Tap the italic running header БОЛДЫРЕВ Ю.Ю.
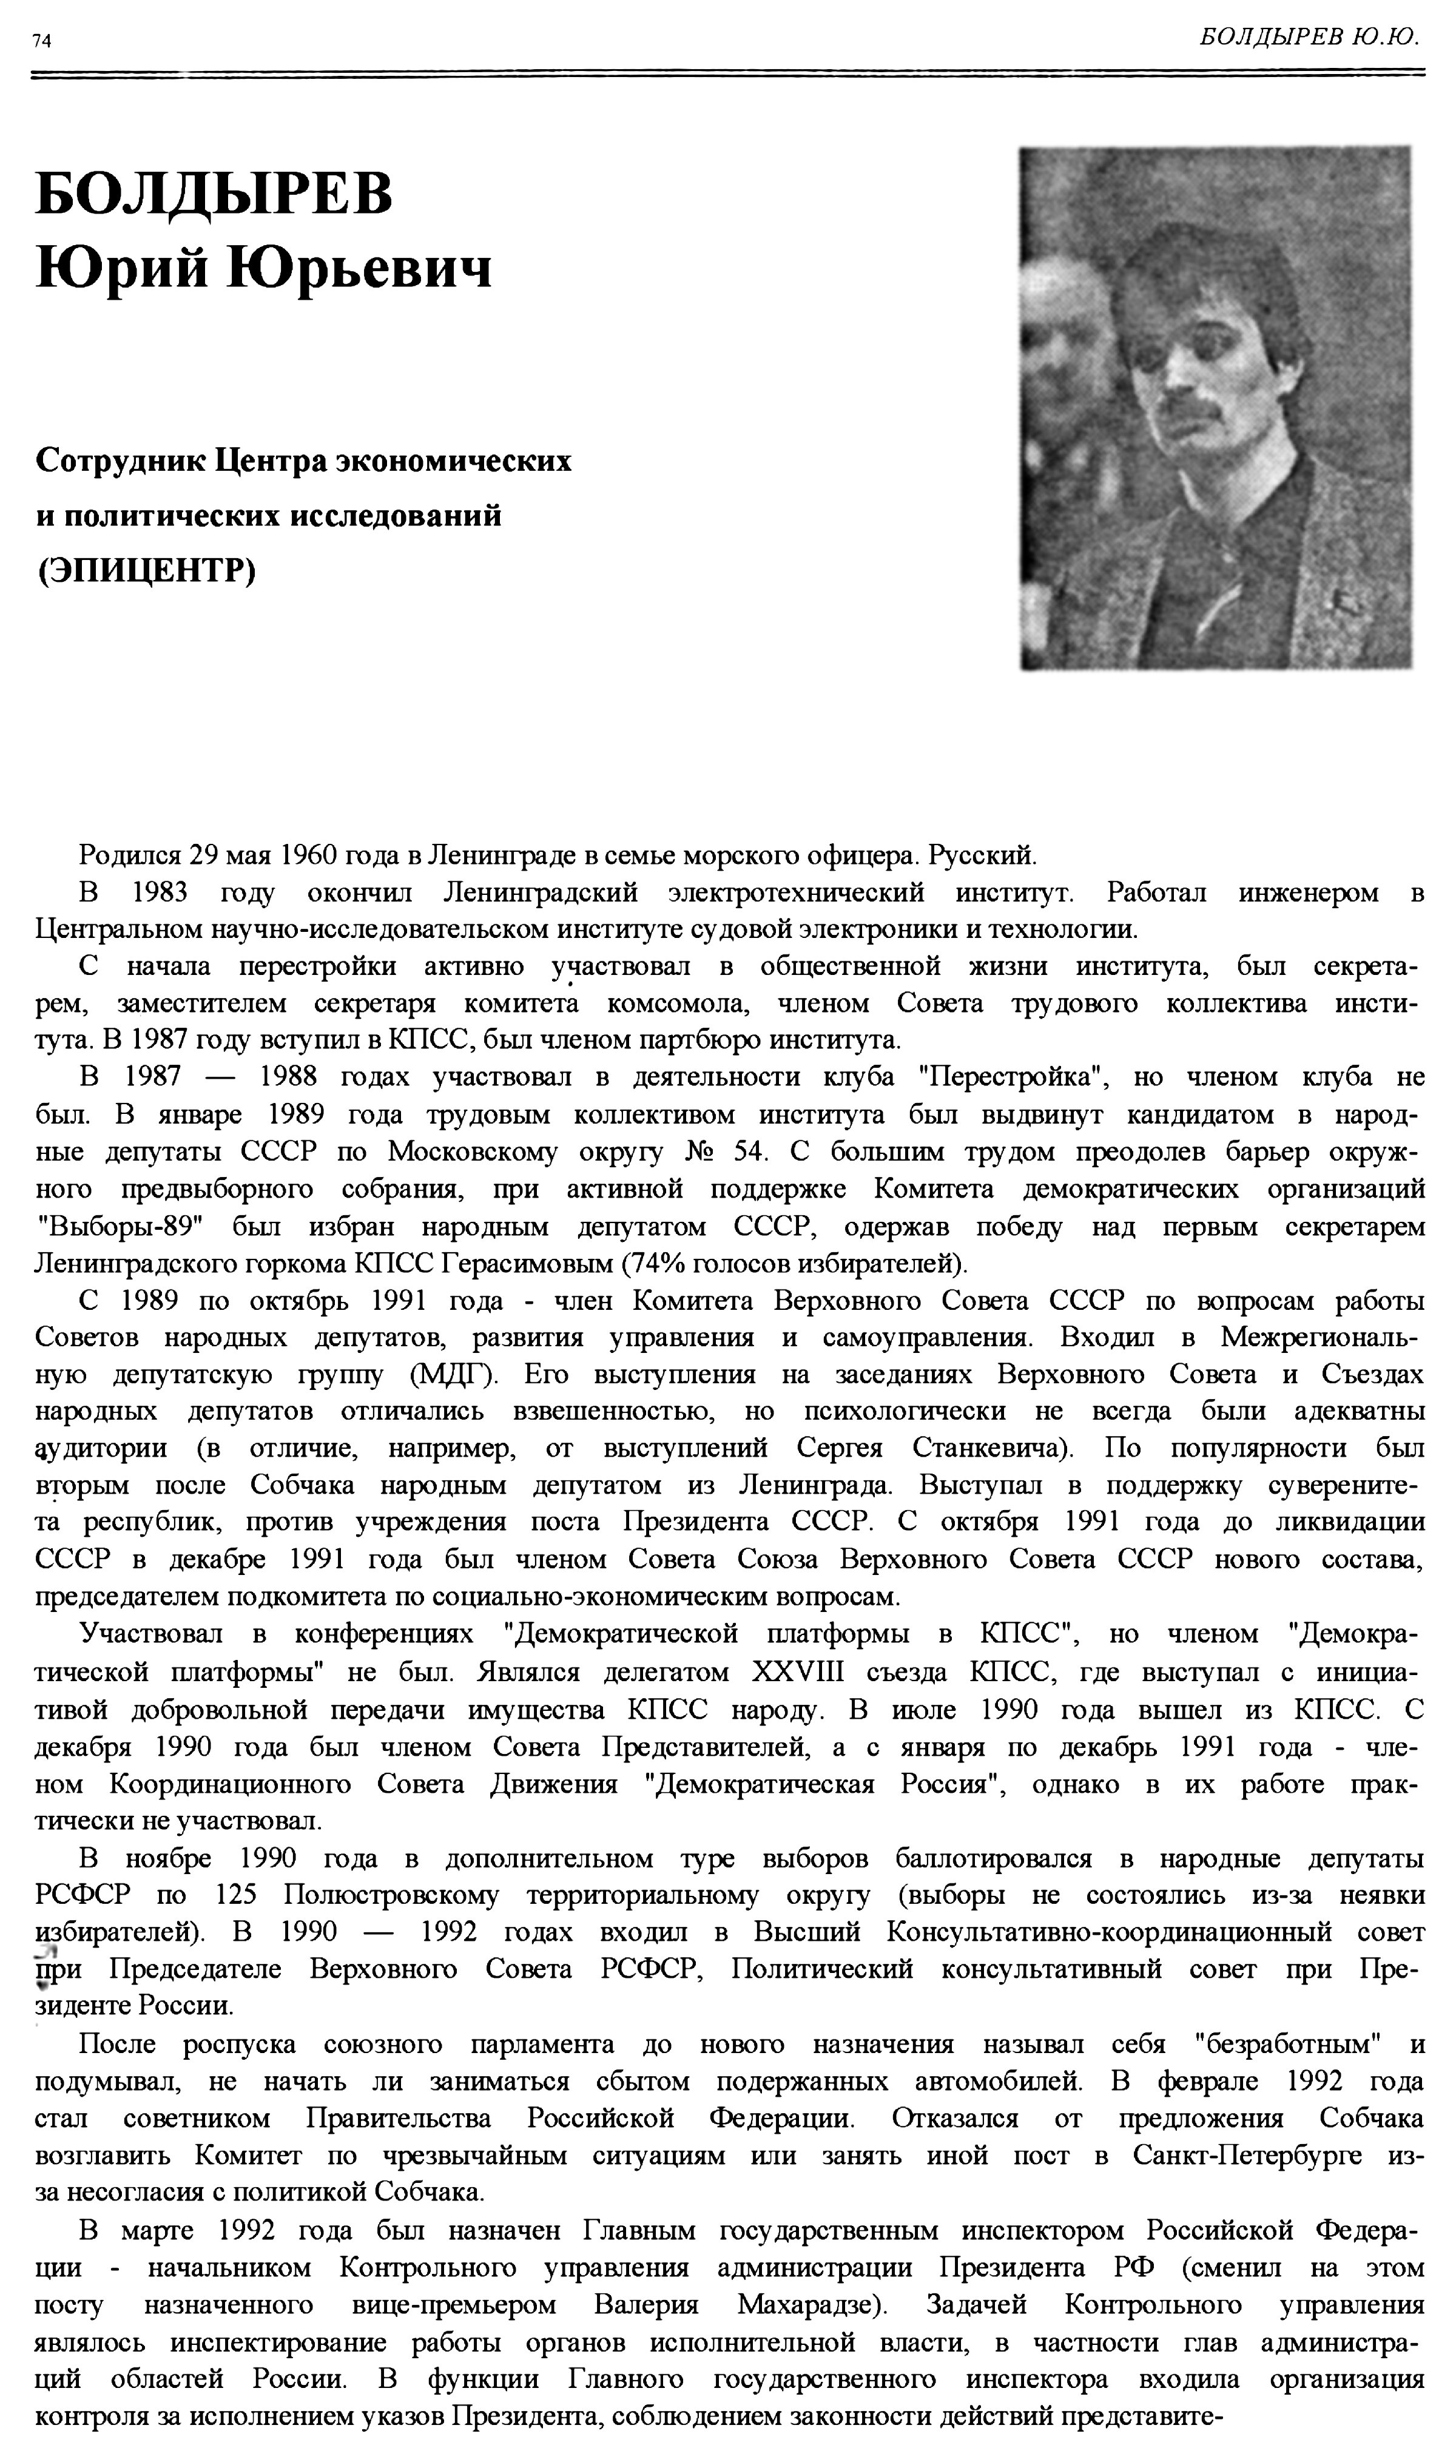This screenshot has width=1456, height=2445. (x=1310, y=37)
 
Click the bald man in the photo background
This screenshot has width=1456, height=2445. (x=1055, y=353)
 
